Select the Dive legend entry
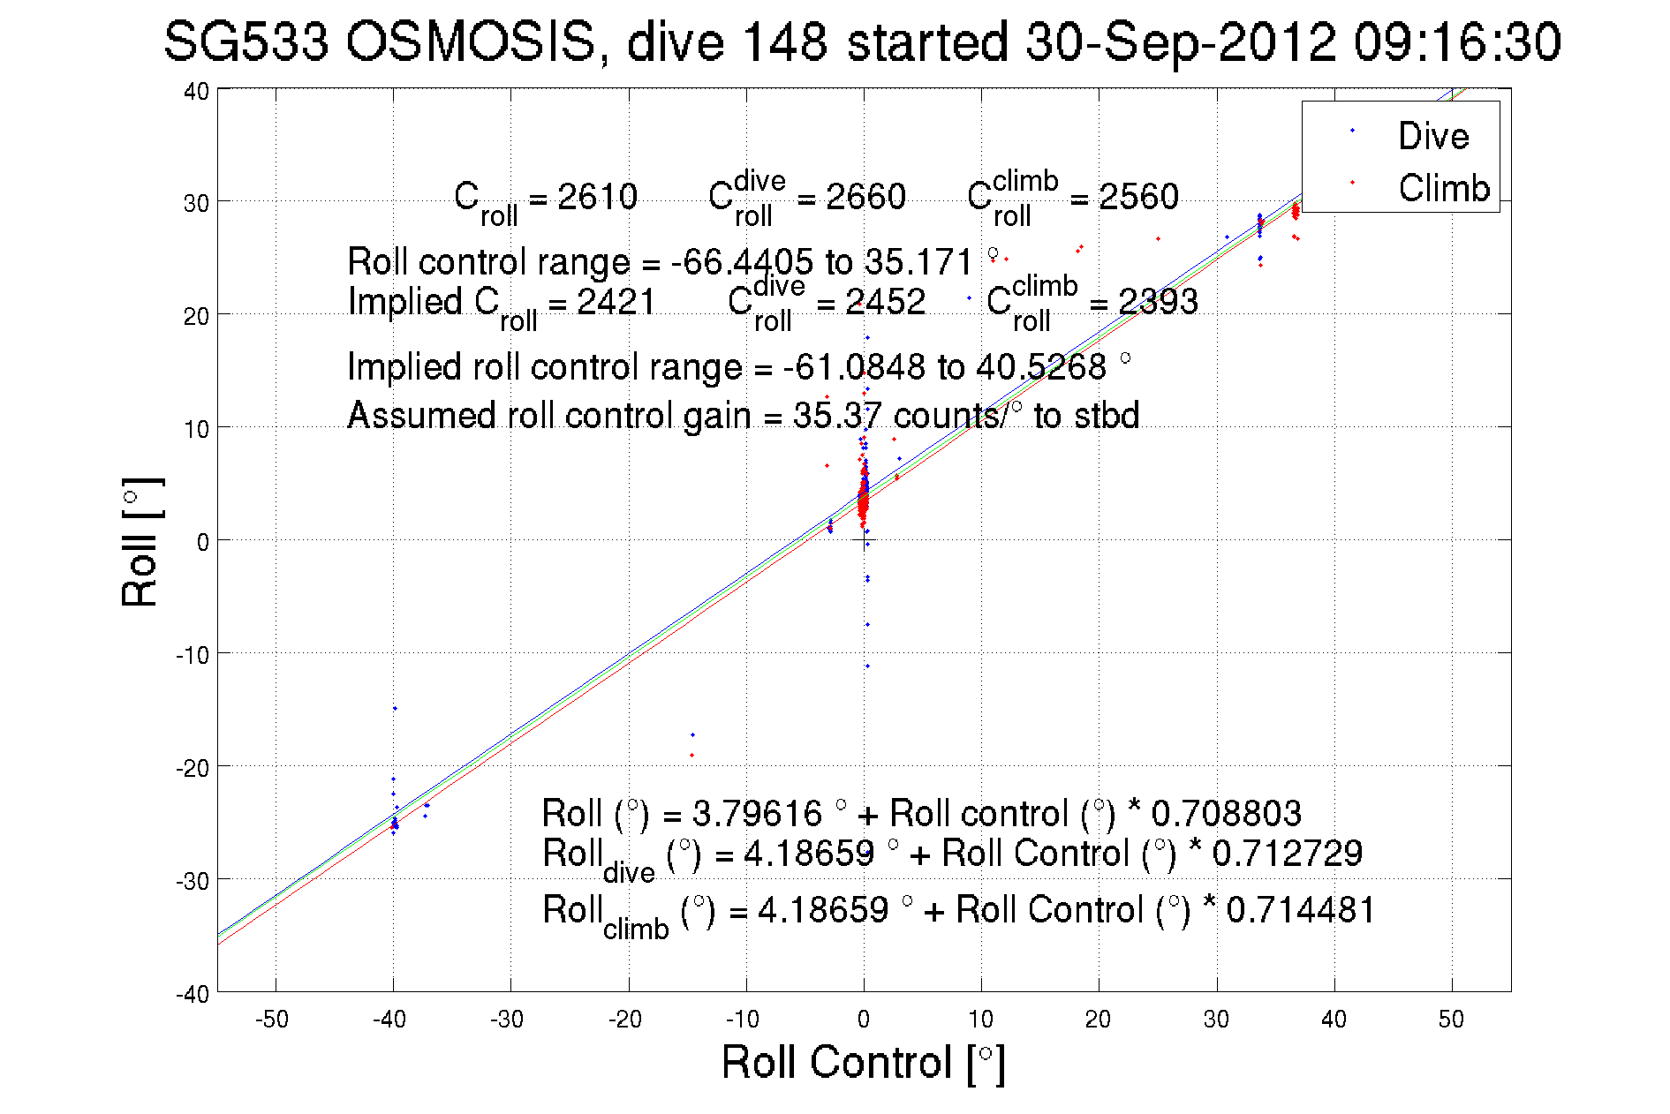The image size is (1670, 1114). [1432, 136]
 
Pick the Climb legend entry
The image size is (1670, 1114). [1443, 188]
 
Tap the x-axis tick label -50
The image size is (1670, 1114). [272, 1020]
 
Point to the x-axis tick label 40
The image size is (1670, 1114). [1334, 1020]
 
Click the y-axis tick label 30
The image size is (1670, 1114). [196, 203]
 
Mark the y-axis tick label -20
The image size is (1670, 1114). [193, 768]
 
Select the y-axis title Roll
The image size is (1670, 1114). [140, 542]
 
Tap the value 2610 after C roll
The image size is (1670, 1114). [597, 197]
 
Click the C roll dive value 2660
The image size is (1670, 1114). [865, 197]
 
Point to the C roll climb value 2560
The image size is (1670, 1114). [1137, 197]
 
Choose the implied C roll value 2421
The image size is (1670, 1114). [616, 303]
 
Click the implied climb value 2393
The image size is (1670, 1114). [1158, 303]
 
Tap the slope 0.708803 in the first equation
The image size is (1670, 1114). [1226, 813]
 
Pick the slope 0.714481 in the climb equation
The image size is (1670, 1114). [1300, 910]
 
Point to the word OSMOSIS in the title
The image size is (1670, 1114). [470, 41]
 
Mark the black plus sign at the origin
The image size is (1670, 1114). [864, 540]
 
